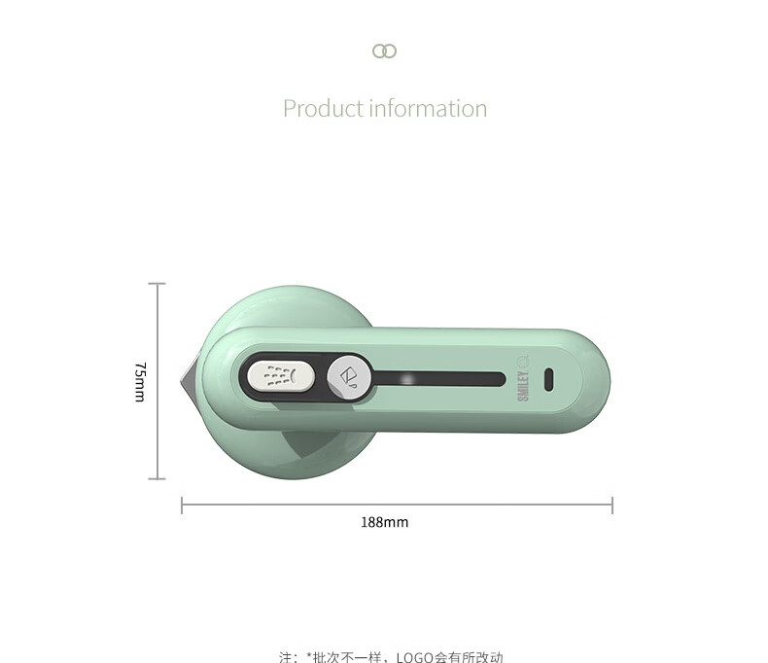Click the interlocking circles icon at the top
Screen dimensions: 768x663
(x=385, y=51)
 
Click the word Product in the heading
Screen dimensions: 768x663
(x=324, y=108)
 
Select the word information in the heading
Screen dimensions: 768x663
(x=429, y=108)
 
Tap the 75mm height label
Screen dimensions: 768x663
(x=140, y=382)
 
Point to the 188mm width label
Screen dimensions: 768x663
(x=385, y=522)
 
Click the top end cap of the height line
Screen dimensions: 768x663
(x=157, y=284)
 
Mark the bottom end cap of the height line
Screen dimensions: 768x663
(x=157, y=478)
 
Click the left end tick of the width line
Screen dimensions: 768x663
(x=182, y=506)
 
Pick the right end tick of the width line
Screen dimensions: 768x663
(x=612, y=506)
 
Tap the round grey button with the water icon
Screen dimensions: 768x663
(x=349, y=378)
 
